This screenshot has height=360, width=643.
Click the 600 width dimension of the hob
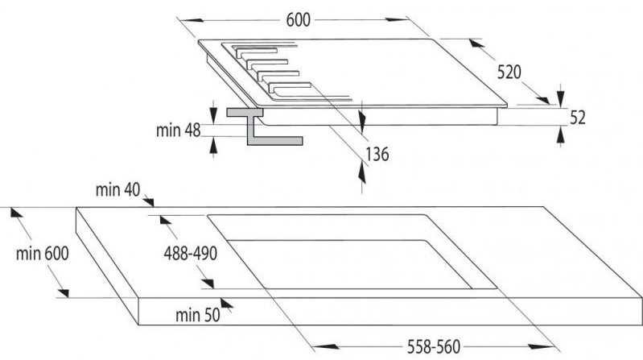click(298, 19)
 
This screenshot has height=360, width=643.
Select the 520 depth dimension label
click(509, 72)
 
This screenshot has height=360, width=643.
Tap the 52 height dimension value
click(577, 118)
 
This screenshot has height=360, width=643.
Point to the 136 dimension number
click(377, 154)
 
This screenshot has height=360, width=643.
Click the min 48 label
click(179, 130)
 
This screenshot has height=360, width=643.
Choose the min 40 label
click(117, 189)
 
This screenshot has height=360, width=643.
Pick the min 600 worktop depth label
click(42, 253)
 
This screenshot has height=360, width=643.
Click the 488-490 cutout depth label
click(190, 253)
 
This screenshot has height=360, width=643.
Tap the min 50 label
click(198, 315)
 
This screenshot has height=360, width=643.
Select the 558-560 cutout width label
click(434, 347)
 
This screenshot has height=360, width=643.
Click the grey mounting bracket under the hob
click(265, 126)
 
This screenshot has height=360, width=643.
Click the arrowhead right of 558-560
click(542, 347)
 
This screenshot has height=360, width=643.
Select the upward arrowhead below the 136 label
click(361, 172)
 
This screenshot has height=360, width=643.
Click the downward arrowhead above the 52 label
click(561, 95)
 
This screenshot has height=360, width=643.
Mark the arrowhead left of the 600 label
click(192, 19)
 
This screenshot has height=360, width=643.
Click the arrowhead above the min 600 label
click(16, 213)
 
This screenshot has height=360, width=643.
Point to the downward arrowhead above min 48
click(213, 113)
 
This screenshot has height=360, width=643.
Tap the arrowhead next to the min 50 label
click(227, 304)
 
